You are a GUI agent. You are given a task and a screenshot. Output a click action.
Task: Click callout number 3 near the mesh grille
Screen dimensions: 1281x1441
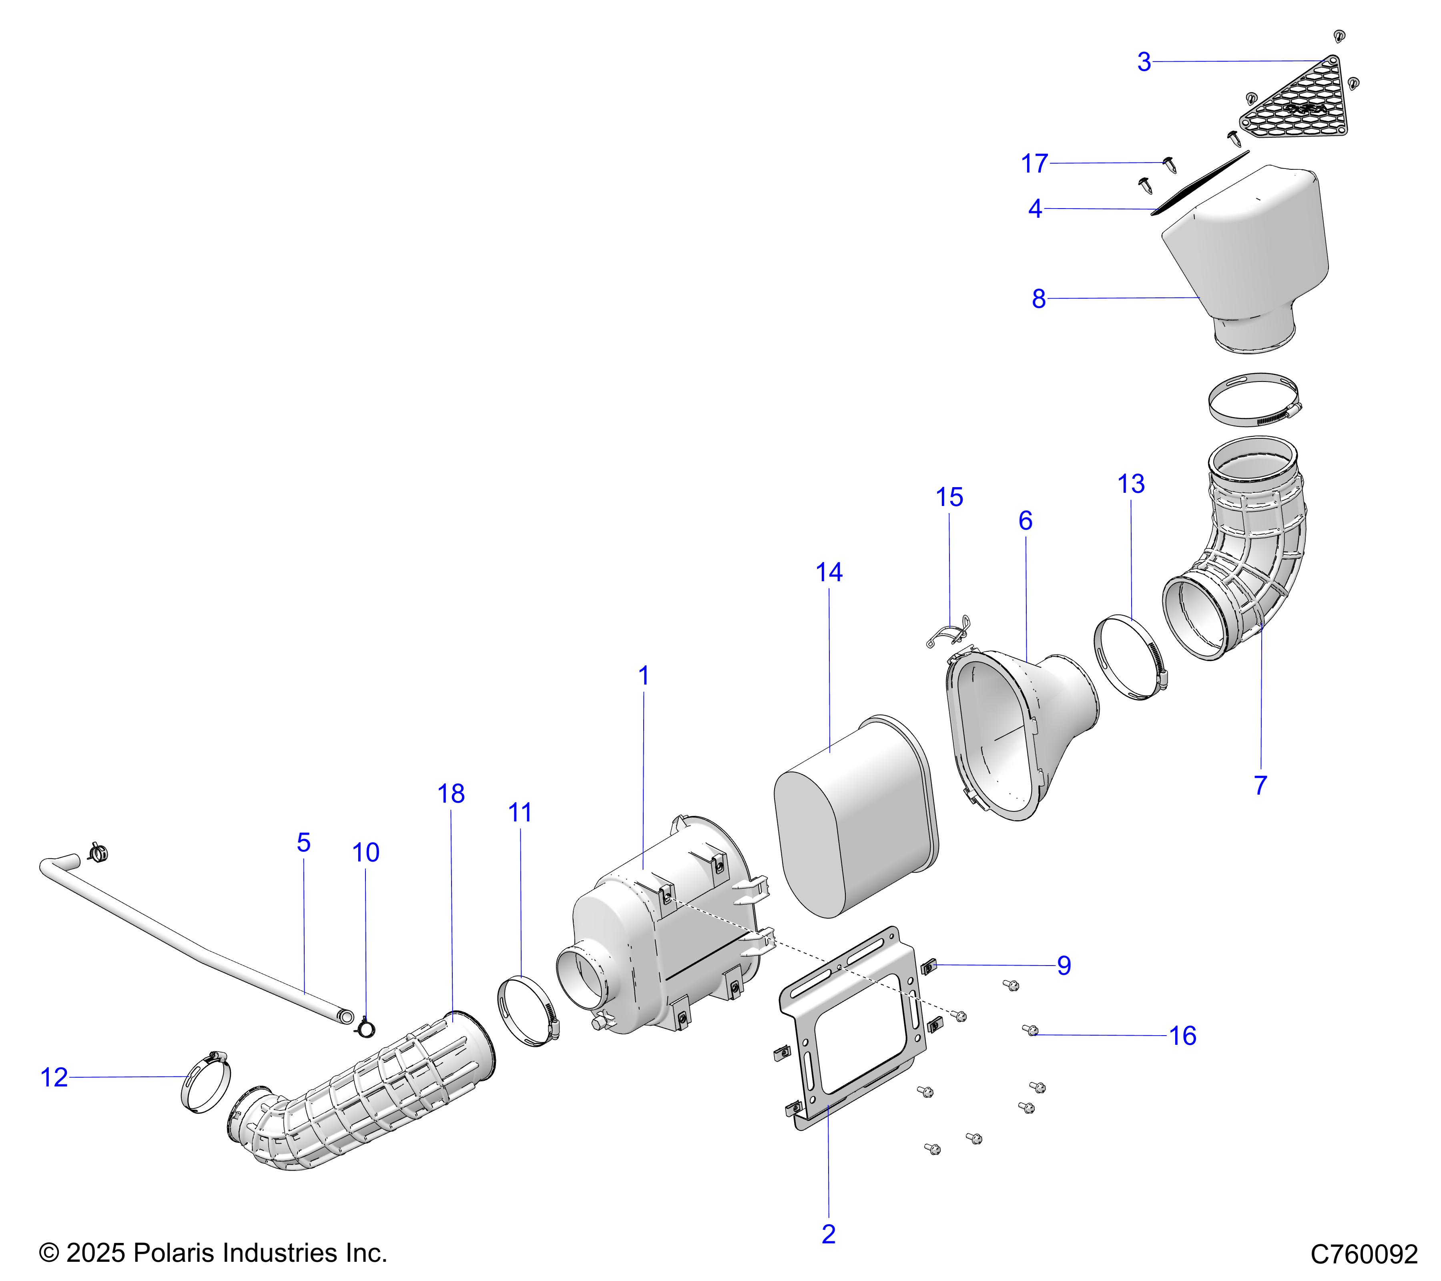1144,62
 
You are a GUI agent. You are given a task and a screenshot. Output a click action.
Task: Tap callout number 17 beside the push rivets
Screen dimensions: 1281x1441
1034,164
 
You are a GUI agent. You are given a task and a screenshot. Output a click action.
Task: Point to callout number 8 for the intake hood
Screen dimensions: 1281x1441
1038,299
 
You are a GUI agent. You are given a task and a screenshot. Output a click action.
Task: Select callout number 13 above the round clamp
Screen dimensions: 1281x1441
1131,484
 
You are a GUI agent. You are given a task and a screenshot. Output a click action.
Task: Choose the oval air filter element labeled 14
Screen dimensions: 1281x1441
857,818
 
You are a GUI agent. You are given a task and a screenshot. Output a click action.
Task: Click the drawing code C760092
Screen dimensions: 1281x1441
1363,1253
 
